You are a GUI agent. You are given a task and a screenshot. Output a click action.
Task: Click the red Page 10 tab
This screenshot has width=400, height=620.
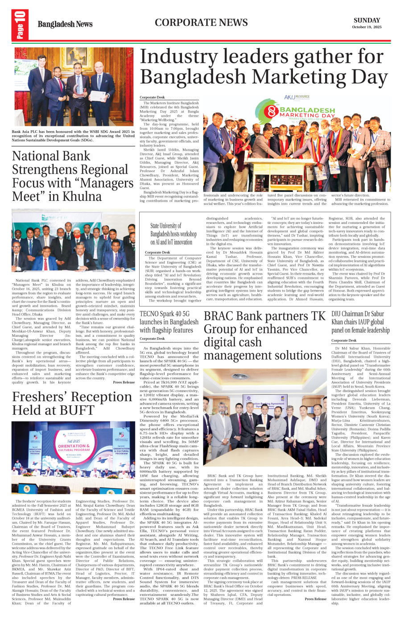(21, 25)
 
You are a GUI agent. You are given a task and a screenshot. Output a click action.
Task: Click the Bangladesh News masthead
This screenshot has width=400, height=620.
(65, 24)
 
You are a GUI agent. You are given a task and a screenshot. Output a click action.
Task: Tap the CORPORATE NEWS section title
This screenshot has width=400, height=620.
(201, 23)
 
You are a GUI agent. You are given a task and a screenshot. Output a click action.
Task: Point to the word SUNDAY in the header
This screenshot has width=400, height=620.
(367, 20)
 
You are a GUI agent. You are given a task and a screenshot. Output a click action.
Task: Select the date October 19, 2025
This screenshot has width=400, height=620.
(367, 27)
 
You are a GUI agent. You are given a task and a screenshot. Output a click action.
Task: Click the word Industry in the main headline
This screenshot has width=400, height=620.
(178, 57)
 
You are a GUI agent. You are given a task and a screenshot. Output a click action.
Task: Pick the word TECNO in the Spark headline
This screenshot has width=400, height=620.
(149, 314)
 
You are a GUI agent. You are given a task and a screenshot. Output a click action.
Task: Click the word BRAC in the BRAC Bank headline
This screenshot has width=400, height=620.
(219, 316)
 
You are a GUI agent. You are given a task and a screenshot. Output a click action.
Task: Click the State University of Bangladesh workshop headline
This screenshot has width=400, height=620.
(173, 234)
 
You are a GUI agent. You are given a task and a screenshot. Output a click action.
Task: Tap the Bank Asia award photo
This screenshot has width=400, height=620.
(74, 87)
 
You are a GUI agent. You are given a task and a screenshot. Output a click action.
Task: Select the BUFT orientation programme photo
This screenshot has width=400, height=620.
(74, 458)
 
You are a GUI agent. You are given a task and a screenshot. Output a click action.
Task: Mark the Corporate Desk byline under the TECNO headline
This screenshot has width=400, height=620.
(152, 339)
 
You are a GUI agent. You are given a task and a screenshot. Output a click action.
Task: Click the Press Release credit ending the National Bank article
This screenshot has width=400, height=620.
(124, 382)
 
